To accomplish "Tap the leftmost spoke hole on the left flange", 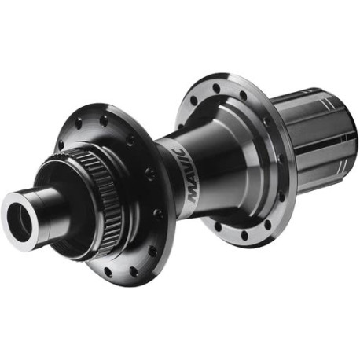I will [x=61, y=145].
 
